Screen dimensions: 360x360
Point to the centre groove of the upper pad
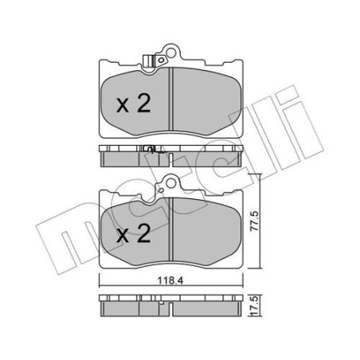173,100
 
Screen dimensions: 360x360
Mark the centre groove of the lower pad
173,232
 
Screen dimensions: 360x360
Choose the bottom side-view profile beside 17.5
172,307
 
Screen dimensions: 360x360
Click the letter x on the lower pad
123,236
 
